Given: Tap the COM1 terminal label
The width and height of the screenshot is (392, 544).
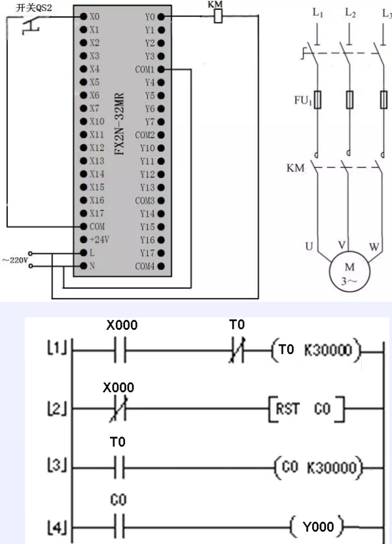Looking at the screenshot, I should [x=145, y=69].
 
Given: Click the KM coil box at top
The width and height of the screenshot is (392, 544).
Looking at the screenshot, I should [x=218, y=16].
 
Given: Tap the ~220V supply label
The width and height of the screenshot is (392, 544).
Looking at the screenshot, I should [x=14, y=259].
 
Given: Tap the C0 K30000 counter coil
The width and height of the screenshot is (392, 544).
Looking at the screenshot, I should [x=319, y=469].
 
